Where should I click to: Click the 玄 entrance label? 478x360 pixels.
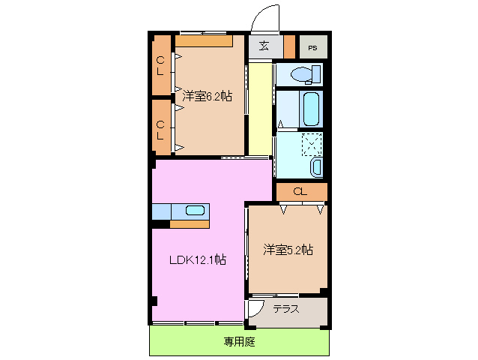[264, 46]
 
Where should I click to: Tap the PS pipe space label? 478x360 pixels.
[312, 48]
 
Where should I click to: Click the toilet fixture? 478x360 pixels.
[303, 74]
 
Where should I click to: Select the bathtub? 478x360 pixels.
[311, 109]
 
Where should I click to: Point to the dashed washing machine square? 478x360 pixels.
[312, 143]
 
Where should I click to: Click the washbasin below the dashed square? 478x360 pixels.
[316, 166]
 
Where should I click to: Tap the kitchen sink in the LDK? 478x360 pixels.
[194, 211]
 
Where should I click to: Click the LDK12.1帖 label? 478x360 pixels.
[197, 260]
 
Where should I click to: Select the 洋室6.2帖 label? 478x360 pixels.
[206, 96]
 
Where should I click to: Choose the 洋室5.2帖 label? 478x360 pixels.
[288, 249]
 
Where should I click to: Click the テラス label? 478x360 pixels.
[287, 309]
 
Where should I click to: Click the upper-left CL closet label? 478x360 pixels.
[161, 66]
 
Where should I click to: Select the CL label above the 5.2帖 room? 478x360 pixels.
[300, 192]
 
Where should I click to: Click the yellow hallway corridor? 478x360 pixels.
[259, 109]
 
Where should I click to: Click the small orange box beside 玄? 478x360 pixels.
[289, 46]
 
